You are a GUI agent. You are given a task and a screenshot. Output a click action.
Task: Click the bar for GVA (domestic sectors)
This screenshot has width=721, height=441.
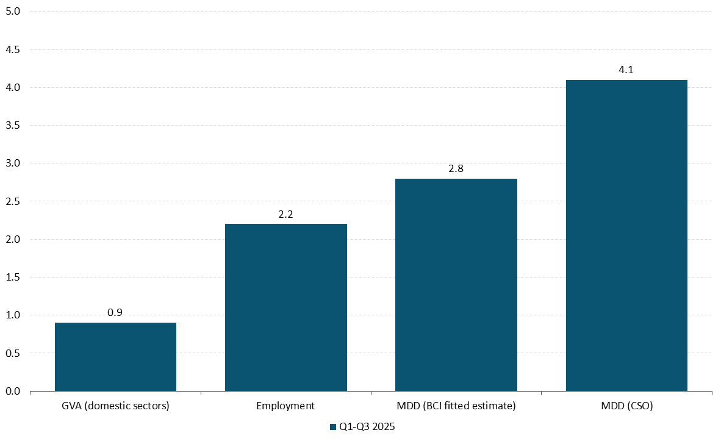click(x=115, y=357)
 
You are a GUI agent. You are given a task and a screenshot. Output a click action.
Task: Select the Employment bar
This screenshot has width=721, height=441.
click(x=285, y=307)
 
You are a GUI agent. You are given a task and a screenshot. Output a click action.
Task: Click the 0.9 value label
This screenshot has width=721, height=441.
click(x=115, y=313)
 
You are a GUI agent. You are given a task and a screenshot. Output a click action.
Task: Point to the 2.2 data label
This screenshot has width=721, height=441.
click(x=285, y=215)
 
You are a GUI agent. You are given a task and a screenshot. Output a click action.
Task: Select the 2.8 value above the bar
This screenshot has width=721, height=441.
click(x=456, y=169)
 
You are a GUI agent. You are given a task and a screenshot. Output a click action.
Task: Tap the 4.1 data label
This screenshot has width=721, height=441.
click(x=626, y=70)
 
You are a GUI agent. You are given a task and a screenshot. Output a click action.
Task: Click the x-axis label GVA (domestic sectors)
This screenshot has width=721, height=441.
click(x=115, y=406)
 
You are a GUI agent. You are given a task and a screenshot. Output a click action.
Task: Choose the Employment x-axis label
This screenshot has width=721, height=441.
click(x=285, y=406)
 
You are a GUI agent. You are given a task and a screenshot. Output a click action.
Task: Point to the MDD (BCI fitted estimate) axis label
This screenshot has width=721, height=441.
click(x=456, y=406)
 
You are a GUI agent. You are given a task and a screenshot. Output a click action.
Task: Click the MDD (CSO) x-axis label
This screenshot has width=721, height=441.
click(x=626, y=406)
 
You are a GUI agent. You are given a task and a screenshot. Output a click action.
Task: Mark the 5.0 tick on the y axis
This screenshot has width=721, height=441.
click(x=13, y=12)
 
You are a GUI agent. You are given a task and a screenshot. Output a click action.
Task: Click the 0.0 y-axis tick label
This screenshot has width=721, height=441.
click(x=13, y=391)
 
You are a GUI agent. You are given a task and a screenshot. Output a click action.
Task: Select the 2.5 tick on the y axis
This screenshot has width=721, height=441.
click(x=13, y=201)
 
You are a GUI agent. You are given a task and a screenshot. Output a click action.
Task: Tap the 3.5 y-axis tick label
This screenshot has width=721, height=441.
click(x=13, y=126)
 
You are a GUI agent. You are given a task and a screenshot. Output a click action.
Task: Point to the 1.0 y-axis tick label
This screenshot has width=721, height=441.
click(x=13, y=315)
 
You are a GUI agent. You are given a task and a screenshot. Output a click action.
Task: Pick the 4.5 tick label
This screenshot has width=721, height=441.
click(x=13, y=49)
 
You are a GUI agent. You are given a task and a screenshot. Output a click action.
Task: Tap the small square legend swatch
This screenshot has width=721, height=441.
click(x=333, y=427)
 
